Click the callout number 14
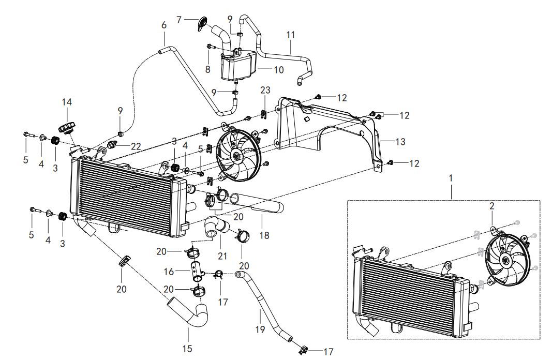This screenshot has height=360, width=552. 67,102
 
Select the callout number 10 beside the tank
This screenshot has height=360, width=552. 278,70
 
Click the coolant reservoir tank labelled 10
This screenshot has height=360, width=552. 238,66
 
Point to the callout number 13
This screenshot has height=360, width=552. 400,142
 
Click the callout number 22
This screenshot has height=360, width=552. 136,146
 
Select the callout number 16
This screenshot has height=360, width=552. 169,272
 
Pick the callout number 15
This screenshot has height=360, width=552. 187,349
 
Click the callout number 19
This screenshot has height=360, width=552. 260,329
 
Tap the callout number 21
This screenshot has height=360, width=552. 222,256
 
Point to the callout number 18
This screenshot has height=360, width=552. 264,235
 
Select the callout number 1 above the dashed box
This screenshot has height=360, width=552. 451,178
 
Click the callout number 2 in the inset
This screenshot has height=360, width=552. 492,206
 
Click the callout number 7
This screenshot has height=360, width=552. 179,20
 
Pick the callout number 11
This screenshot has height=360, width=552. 290,35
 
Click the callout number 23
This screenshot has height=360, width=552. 265,90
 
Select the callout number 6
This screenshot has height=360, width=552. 163,25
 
